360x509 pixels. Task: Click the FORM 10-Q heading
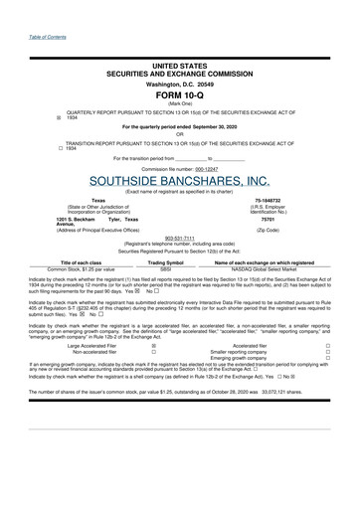pos(180,95)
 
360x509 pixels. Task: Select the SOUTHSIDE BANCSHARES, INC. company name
pos(179,181)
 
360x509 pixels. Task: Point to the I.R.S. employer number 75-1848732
pos(296,200)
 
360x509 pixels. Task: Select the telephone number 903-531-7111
pos(179,238)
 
